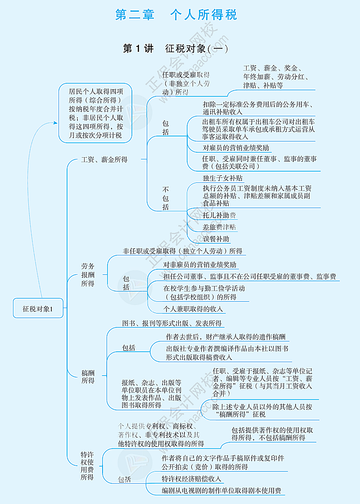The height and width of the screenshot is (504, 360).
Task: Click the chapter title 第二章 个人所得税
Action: pyautogui.click(x=176, y=15)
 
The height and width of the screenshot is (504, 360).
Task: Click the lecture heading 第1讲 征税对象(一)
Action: pyautogui.click(x=175, y=48)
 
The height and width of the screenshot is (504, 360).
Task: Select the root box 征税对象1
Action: pyautogui.click(x=38, y=309)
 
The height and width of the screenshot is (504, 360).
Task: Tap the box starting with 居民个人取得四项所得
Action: pyautogui.click(x=95, y=112)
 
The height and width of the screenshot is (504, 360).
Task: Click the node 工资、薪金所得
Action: pyautogui.click(x=104, y=159)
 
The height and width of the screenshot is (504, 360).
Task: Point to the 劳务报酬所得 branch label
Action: pyautogui.click(x=88, y=275)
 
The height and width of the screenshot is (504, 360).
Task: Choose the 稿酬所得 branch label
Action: pyautogui.click(x=88, y=377)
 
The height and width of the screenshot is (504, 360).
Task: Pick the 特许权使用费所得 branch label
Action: pyautogui.click(x=87, y=466)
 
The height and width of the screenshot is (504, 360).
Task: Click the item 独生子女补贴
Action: pyautogui.click(x=222, y=178)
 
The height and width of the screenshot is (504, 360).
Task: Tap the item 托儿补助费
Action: pyautogui.click(x=219, y=215)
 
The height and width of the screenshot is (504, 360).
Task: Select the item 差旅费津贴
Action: pyautogui.click(x=219, y=227)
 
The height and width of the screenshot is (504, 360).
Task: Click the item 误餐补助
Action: pyautogui.click(x=216, y=239)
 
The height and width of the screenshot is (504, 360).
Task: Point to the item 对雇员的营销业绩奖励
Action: pyautogui.click(x=236, y=148)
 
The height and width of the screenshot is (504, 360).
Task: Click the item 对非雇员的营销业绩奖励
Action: pyautogui.click(x=199, y=265)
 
